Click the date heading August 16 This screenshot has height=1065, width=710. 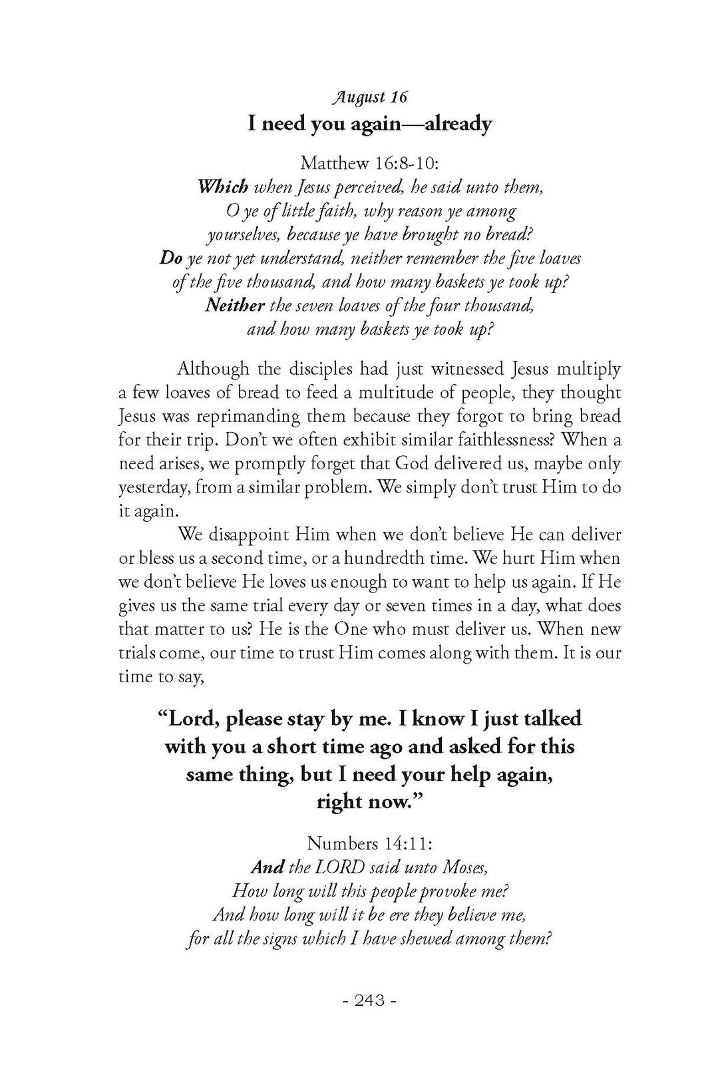pos(370,97)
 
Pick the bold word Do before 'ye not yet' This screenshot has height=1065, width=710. pos(171,258)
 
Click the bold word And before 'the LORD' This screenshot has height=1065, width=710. pos(267,867)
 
